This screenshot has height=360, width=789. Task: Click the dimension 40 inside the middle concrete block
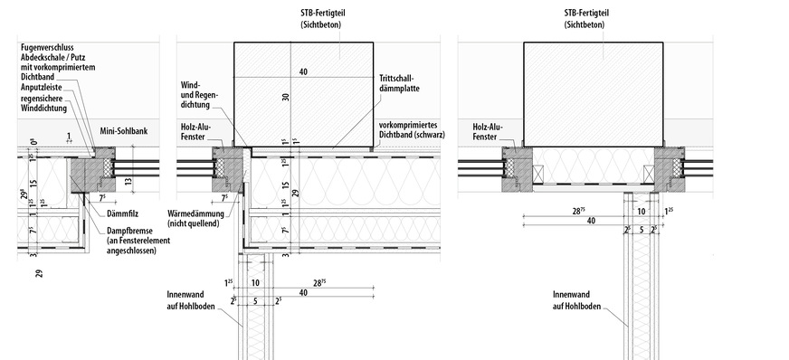[x=303, y=71]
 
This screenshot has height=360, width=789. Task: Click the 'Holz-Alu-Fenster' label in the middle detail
[x=194, y=132]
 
